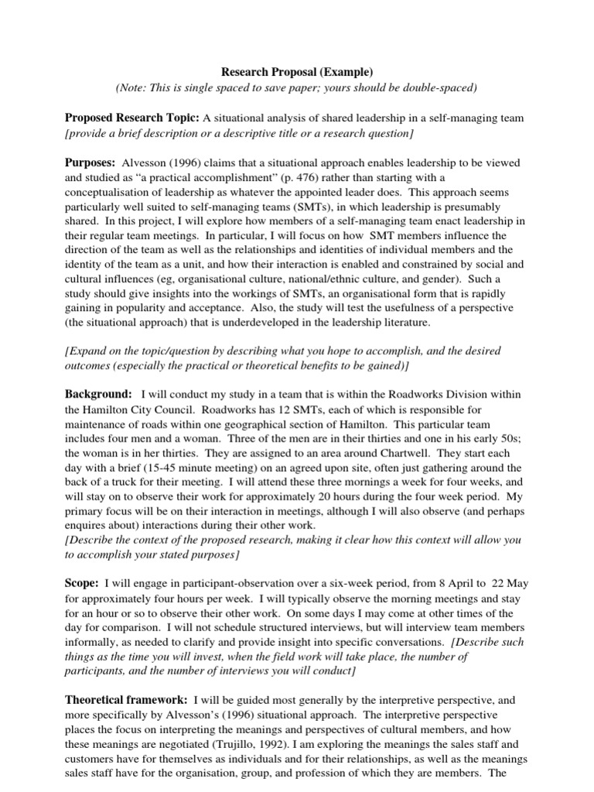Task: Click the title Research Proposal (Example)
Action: [297, 72]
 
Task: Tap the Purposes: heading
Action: [90, 163]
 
